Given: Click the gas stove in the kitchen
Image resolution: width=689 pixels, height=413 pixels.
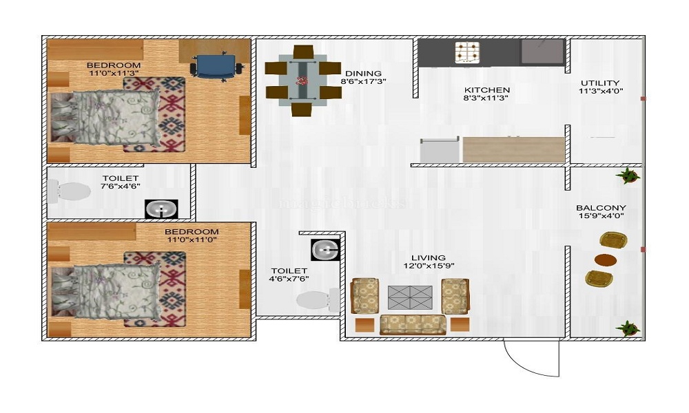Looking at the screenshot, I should point(466,52).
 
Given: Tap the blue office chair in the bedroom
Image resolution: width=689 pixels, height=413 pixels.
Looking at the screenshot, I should point(216,67).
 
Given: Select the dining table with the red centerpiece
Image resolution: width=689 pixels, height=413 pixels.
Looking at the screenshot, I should point(301,81).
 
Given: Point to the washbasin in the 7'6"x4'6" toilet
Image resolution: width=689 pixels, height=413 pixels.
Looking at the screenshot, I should point(161,209).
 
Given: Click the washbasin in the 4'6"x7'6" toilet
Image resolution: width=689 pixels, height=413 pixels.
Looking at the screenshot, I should point(323,248).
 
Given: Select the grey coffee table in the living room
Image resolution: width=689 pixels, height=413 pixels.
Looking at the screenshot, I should point(410,297).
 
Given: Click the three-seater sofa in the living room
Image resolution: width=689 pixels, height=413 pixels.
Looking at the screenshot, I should point(412,324).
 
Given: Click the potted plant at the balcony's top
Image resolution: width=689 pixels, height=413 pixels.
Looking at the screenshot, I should point(628,176).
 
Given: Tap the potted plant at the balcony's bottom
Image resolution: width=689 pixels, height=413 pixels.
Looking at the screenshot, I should point(628,328).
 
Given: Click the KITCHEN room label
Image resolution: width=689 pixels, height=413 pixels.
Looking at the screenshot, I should point(486,90).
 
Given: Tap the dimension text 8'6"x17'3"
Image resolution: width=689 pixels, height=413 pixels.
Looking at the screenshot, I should point(363,81).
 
